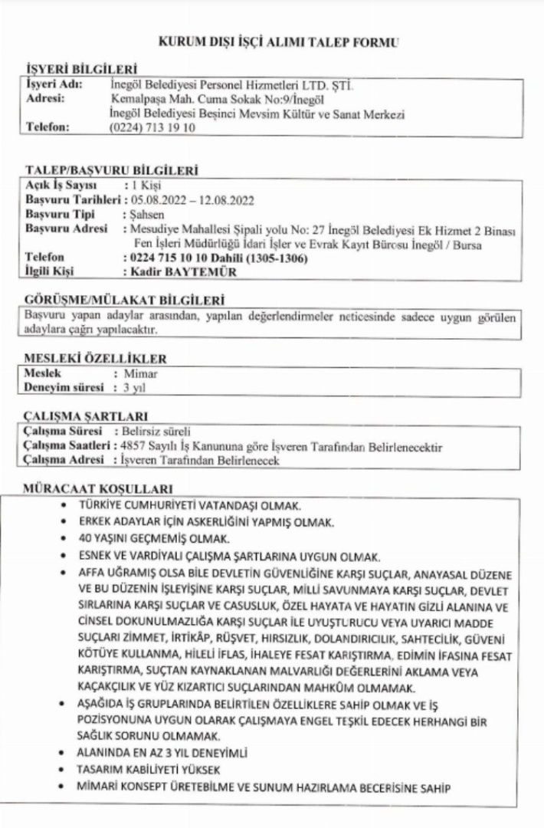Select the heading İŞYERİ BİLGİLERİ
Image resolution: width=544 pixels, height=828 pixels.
click(74, 69)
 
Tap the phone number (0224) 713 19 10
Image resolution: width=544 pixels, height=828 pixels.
click(147, 128)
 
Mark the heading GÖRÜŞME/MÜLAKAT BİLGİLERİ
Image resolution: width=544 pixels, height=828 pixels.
click(114, 300)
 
